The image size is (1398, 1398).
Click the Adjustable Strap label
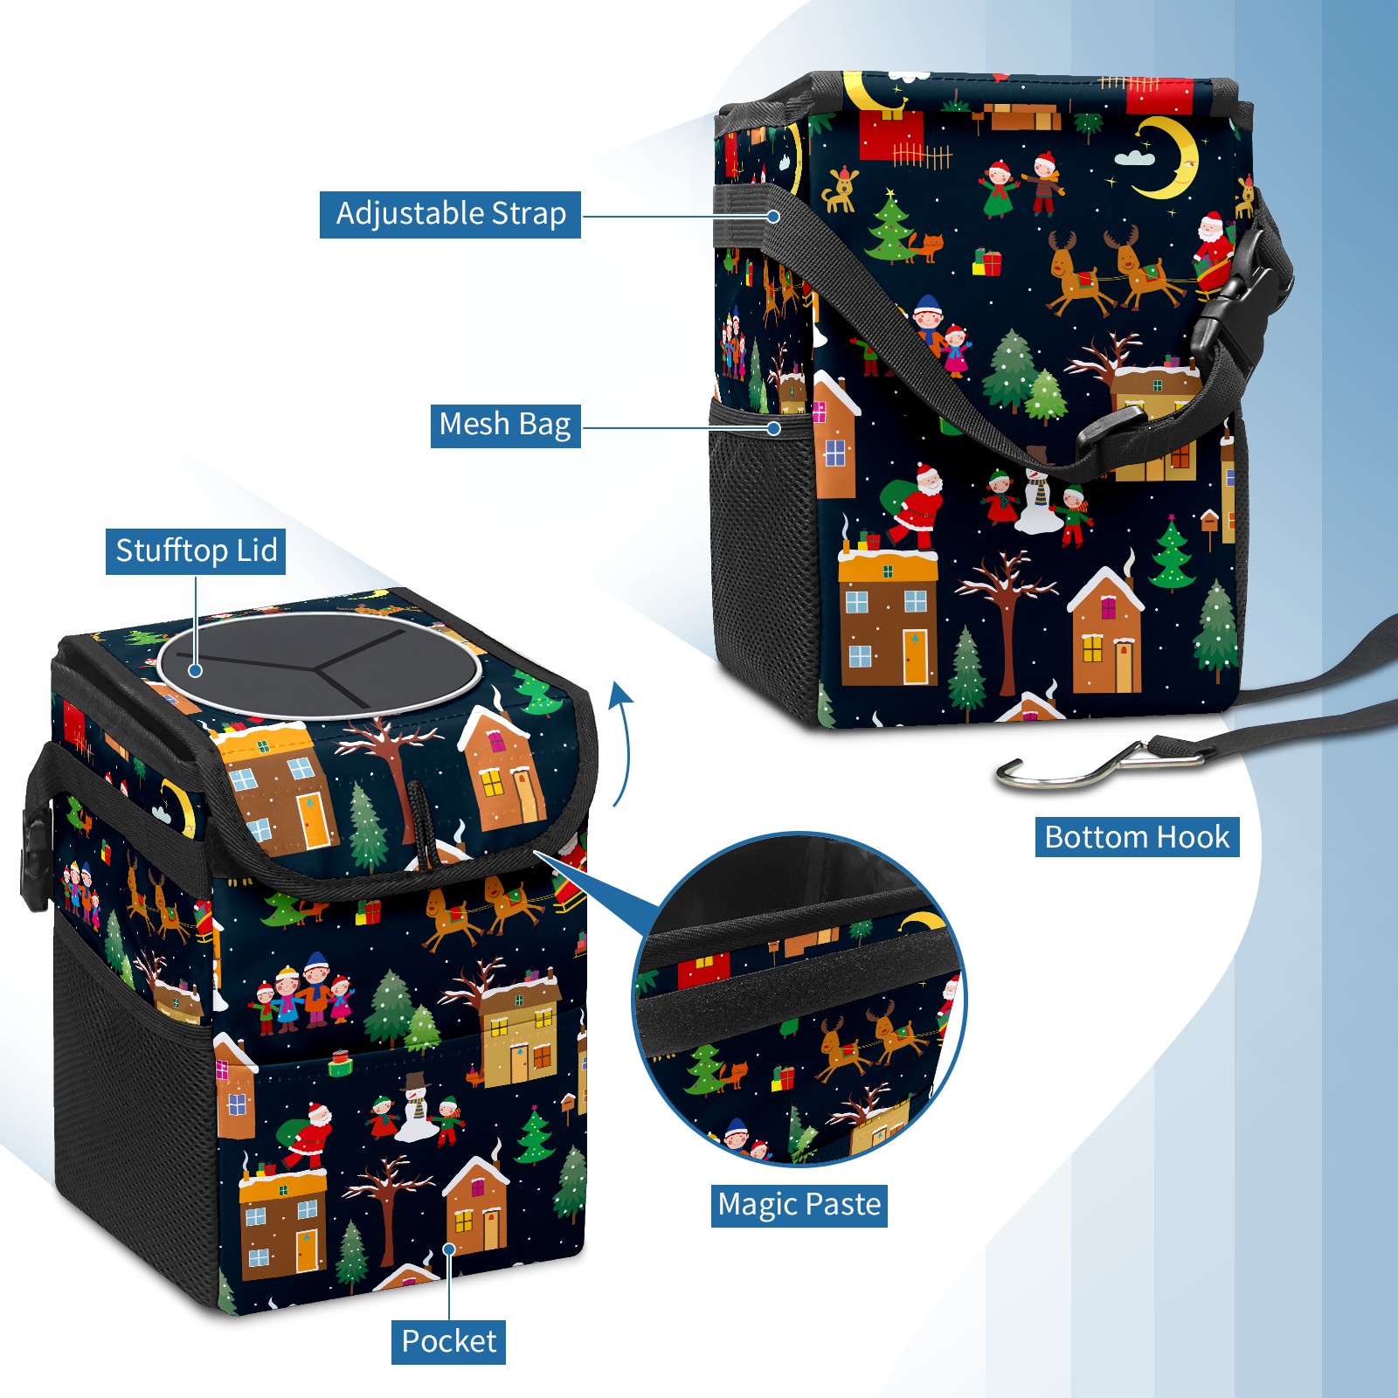pyautogui.click(x=450, y=214)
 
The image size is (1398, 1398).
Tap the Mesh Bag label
pyautogui.click(x=505, y=425)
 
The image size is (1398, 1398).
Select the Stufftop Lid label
pyautogui.click(x=196, y=551)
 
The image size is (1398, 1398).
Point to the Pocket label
pyautogui.click(x=448, y=1341)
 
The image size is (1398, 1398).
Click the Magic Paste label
pyautogui.click(x=799, y=1205)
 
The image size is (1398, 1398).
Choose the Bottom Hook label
pyautogui.click(x=1137, y=837)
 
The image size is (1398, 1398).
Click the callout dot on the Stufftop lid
pyautogui.click(x=196, y=670)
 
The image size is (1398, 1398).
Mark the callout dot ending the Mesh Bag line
pyautogui.click(x=773, y=428)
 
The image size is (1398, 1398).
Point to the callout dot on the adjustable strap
pyautogui.click(x=773, y=216)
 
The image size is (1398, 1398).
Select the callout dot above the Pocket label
pyautogui.click(x=449, y=1249)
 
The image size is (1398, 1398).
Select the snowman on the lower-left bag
pyautogui.click(x=417, y=1110)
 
